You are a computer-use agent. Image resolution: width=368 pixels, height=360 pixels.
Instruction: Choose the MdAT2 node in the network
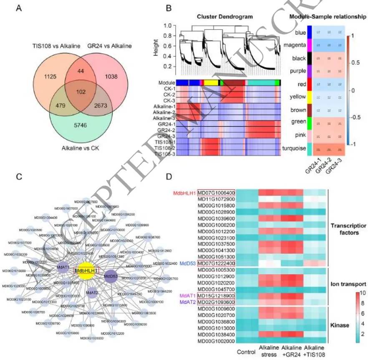pyautogui.click(x=92, y=293)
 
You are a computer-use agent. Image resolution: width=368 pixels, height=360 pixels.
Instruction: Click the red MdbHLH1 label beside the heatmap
pyautogui.click(x=183, y=192)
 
